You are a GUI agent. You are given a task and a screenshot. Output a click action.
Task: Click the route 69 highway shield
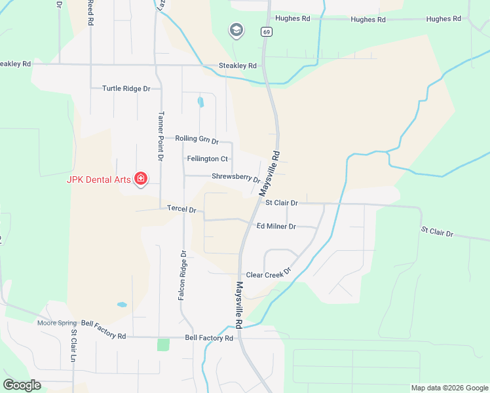[265, 31]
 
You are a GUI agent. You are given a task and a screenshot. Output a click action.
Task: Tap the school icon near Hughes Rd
[236, 30]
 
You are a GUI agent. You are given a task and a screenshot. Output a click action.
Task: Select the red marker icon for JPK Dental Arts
[140, 178]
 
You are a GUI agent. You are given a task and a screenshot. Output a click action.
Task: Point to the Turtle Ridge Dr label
[126, 88]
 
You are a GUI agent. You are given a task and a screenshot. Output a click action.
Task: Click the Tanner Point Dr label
[160, 135]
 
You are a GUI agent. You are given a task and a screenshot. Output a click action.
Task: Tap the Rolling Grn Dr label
[197, 139]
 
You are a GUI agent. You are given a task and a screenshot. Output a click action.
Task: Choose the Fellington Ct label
[207, 159]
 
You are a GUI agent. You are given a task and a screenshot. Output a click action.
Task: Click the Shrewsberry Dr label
[236, 177]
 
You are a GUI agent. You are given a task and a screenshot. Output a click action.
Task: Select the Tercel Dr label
[181, 210]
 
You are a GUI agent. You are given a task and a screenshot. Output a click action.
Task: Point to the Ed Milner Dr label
[276, 226]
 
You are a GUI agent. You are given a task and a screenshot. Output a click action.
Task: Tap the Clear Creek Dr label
[268, 275]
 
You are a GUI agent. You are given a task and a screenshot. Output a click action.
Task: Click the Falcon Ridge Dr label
[183, 275]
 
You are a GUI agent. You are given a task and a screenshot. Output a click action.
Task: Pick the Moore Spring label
[57, 323]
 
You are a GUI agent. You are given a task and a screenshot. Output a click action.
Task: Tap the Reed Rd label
[90, 12]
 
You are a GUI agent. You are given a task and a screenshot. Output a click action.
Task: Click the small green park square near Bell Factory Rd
[163, 345]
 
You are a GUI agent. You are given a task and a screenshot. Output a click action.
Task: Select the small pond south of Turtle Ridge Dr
[200, 102]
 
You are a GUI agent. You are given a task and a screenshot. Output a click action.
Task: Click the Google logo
[22, 385]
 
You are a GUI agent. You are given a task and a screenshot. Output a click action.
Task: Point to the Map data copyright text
[449, 388]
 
